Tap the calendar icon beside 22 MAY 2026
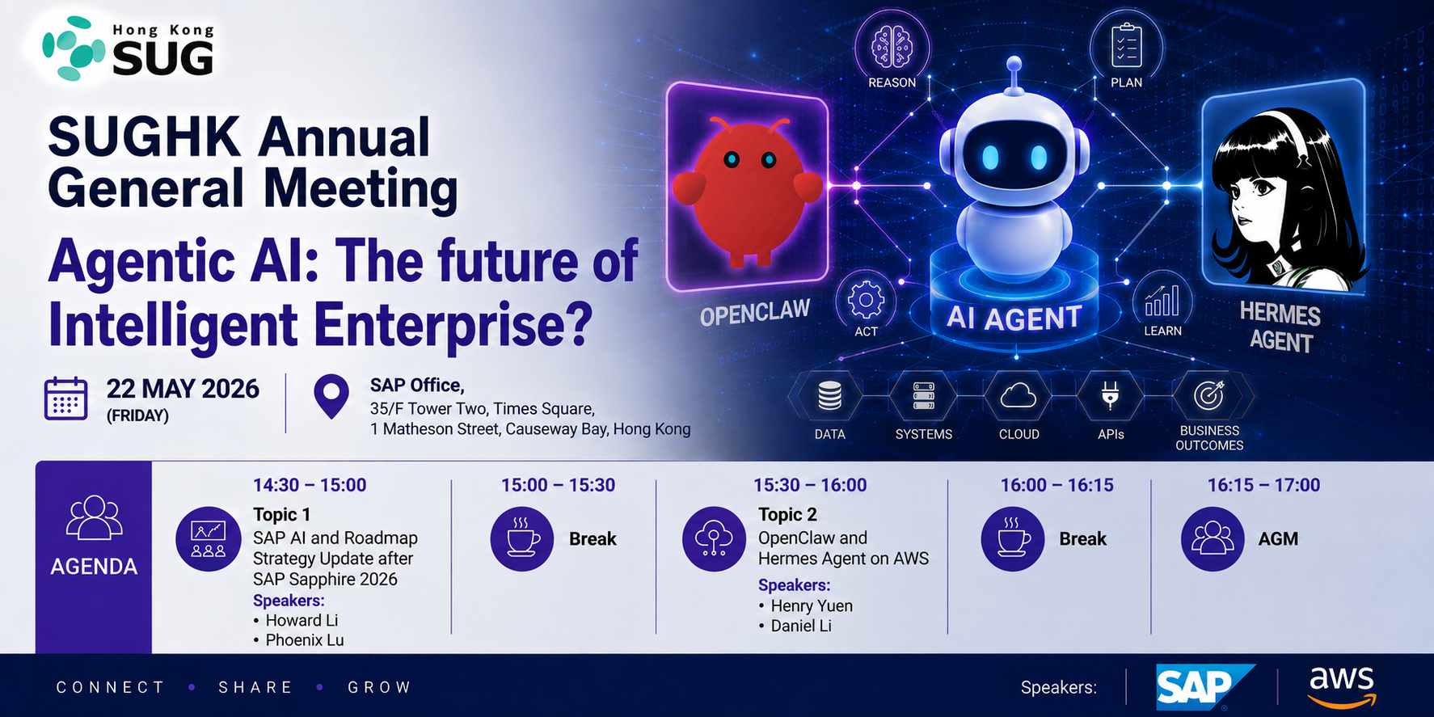[x=65, y=399]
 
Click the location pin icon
[x=331, y=396]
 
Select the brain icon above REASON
[x=892, y=45]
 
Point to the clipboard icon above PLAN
[x=1126, y=44]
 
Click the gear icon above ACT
[x=866, y=301]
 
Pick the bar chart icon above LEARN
[x=1162, y=300]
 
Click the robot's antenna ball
[x=1014, y=64]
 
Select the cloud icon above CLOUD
[x=1018, y=396]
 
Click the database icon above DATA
[x=829, y=396]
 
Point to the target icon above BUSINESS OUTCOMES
[x=1209, y=395]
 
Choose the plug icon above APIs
[x=1111, y=395]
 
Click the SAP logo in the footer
[x=1205, y=687]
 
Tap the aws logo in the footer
[x=1342, y=686]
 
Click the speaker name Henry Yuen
[x=812, y=605]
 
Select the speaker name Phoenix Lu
[x=305, y=640]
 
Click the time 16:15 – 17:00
[x=1263, y=485]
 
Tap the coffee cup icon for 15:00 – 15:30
[x=522, y=539]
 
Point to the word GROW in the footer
[x=380, y=687]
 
